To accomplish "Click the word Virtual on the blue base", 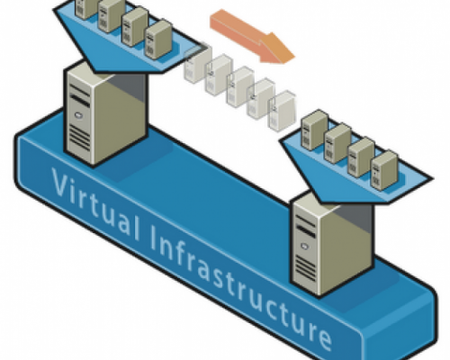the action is click(x=95, y=204).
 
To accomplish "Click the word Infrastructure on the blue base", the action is click(x=240, y=288).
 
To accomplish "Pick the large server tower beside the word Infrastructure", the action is click(x=332, y=244).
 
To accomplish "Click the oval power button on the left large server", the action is click(x=78, y=115).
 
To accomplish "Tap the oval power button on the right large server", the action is click(x=304, y=247).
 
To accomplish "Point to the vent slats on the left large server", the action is click(x=80, y=137).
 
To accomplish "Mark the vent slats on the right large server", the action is click(x=305, y=268).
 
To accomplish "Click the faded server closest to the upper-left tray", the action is click(x=197, y=64).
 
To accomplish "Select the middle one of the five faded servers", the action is click(x=240, y=87).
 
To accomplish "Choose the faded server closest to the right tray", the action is click(x=282, y=111).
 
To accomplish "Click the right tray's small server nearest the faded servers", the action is click(x=314, y=130).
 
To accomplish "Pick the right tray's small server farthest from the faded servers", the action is click(x=384, y=170).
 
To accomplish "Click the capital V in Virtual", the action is click(x=61, y=183).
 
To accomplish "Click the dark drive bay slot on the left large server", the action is click(x=79, y=100).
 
